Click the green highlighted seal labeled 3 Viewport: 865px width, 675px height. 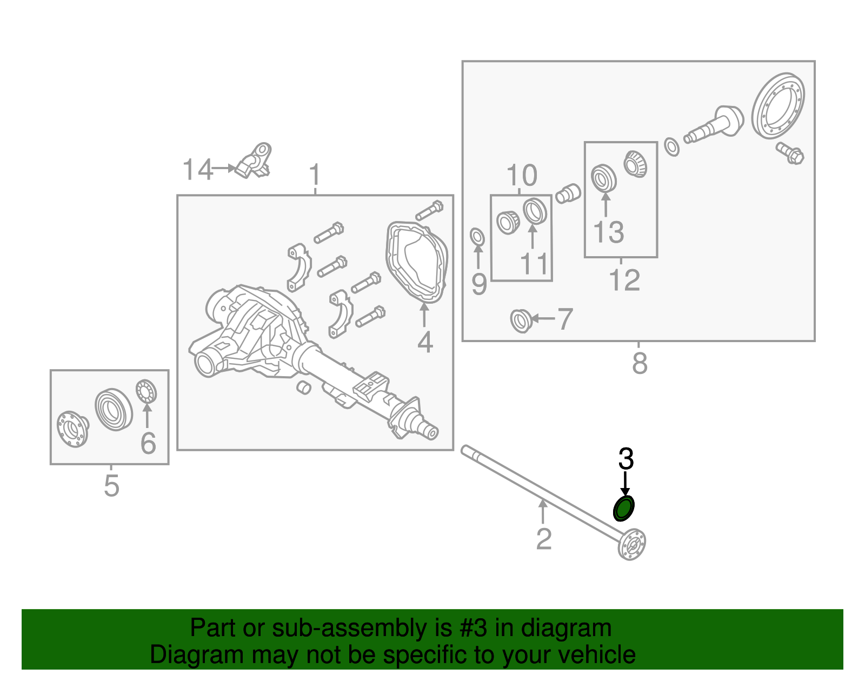click(623, 509)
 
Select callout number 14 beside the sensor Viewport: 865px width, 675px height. click(197, 170)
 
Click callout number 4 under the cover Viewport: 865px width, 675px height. click(425, 342)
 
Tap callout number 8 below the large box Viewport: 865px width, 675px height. click(640, 363)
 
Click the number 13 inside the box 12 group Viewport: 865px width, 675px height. click(608, 232)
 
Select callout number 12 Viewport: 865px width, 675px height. click(624, 280)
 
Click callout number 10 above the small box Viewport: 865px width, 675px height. click(522, 176)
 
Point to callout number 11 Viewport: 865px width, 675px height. click(534, 264)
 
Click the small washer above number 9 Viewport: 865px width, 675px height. click(477, 237)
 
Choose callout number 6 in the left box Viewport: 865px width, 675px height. click(148, 443)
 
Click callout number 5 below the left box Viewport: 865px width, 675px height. click(111, 486)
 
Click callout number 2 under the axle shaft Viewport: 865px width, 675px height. click(543, 539)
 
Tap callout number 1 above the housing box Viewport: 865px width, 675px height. click(315, 176)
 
